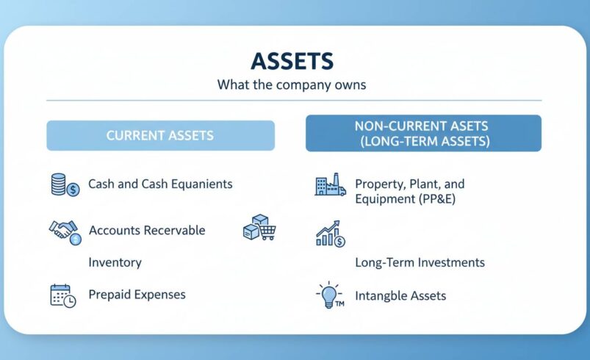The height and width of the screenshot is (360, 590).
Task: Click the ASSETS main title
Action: point(291,61)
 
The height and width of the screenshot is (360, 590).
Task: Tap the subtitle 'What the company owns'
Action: point(291,84)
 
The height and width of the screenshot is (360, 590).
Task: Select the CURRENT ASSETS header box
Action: point(160,136)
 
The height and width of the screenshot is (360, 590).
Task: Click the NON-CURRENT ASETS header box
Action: point(423,133)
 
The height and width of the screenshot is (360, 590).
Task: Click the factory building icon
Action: point(329,186)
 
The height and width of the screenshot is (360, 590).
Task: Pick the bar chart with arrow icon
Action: point(330,234)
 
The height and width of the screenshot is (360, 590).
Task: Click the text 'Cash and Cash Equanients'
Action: point(160,184)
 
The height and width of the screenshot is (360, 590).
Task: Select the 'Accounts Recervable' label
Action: point(147,231)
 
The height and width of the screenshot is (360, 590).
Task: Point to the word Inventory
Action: point(115,262)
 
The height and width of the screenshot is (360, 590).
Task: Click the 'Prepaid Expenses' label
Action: point(137,295)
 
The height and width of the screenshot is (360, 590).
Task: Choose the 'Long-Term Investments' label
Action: point(420,262)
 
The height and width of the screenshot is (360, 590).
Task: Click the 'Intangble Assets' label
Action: point(400,296)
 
